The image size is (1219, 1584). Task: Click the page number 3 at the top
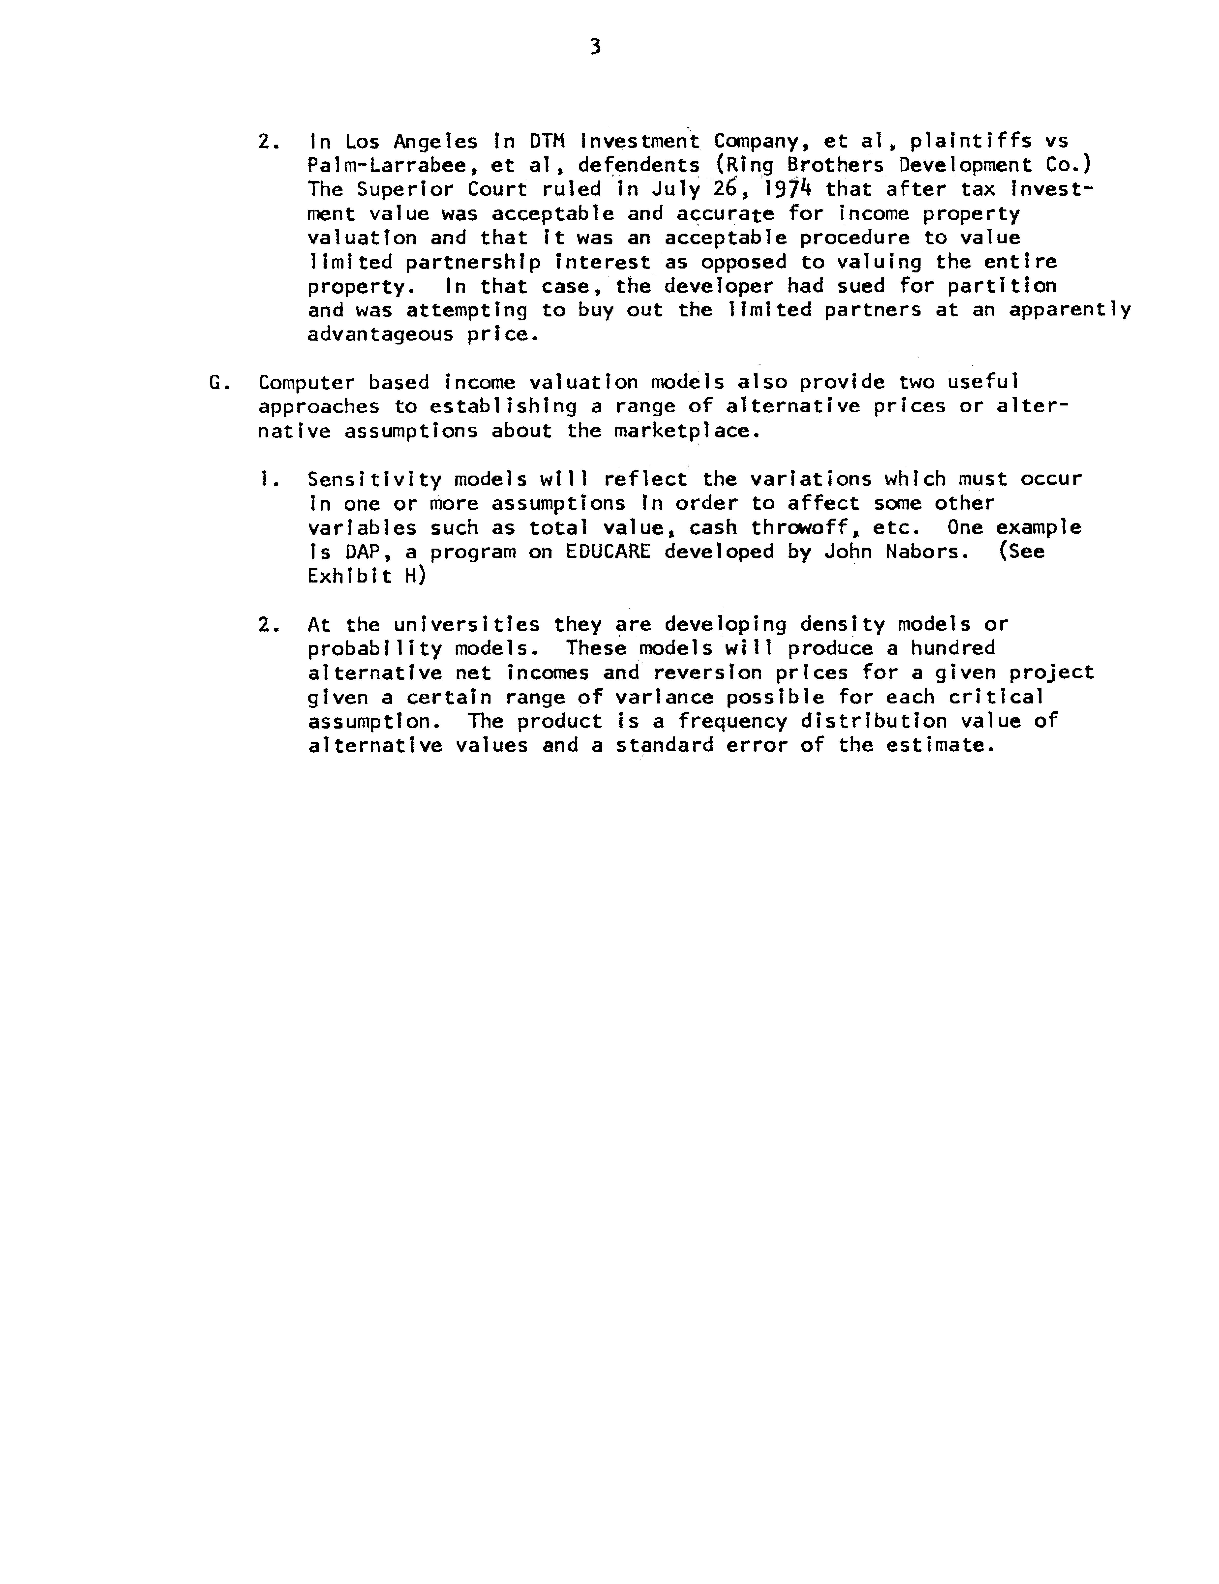[x=595, y=48]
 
